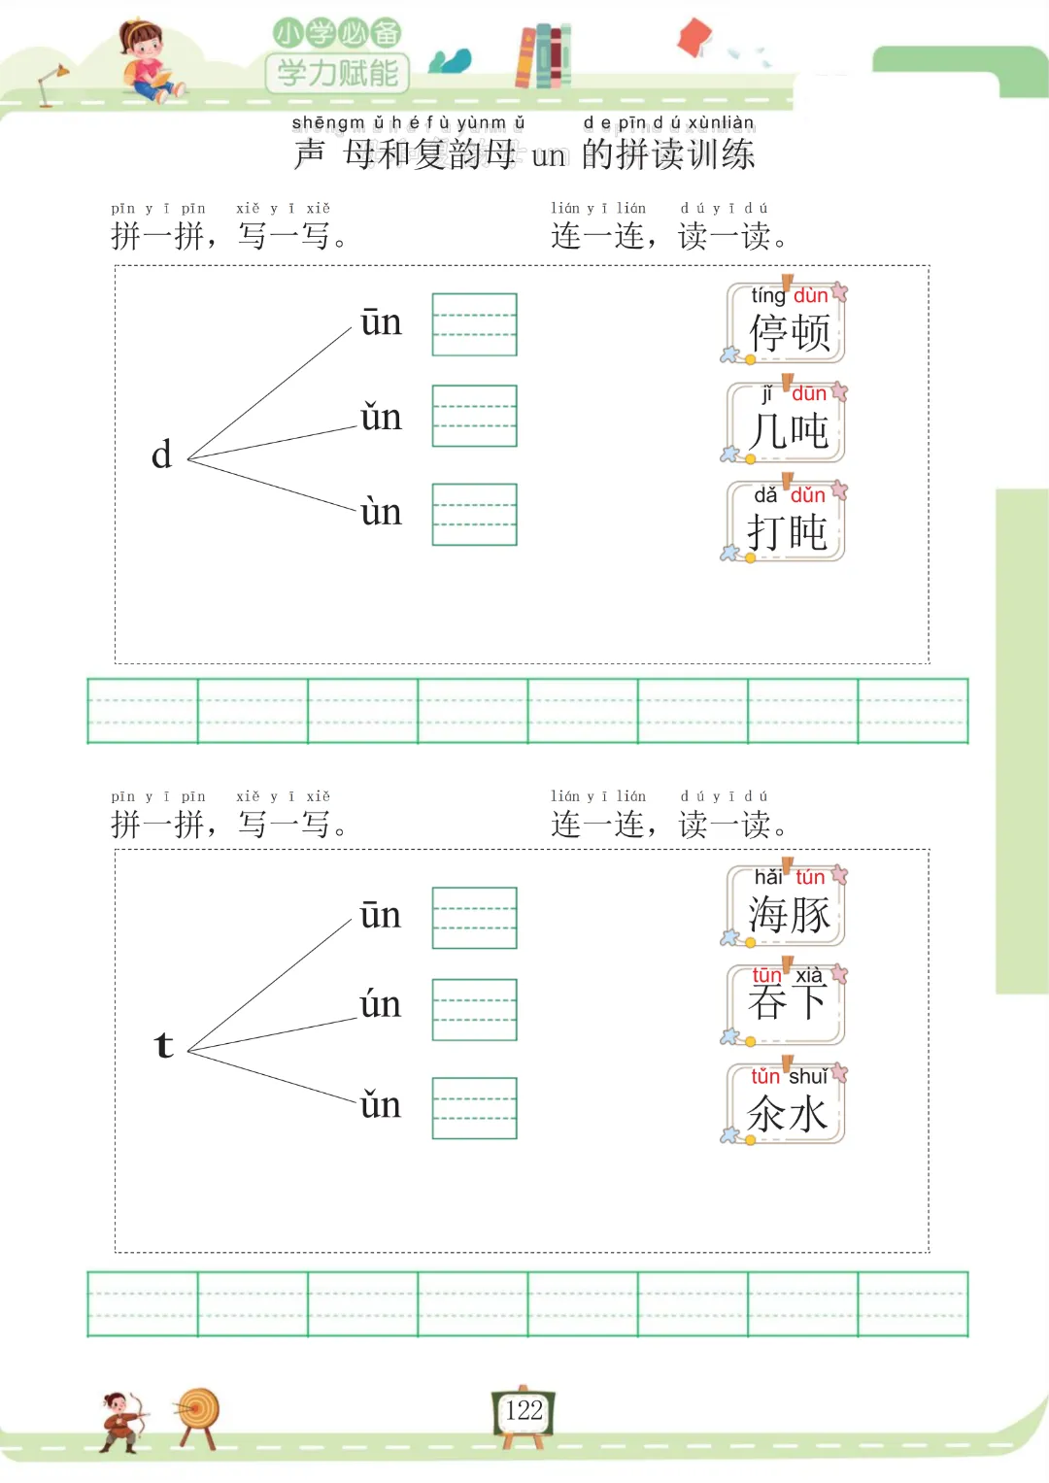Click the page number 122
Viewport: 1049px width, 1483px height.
coord(524,1411)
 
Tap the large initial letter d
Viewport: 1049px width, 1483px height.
coord(161,455)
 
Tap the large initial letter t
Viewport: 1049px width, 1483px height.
coord(163,1045)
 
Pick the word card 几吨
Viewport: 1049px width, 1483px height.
coord(787,423)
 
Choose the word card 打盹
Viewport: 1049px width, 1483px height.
coord(787,522)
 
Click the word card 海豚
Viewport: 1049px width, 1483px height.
coord(787,906)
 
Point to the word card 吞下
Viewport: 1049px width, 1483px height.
coord(787,1004)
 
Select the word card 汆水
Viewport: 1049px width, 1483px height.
coord(787,1104)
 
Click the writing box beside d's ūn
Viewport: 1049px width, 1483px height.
coord(474,324)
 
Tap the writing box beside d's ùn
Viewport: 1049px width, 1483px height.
coord(474,514)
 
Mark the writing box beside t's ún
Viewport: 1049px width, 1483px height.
coord(474,1010)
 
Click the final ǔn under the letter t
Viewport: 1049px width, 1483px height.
coord(380,1105)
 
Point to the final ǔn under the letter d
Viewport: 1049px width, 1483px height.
coord(380,418)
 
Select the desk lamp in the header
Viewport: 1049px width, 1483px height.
coord(51,83)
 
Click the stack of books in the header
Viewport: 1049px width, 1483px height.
coord(543,56)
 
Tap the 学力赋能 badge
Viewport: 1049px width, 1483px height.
coord(337,72)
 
